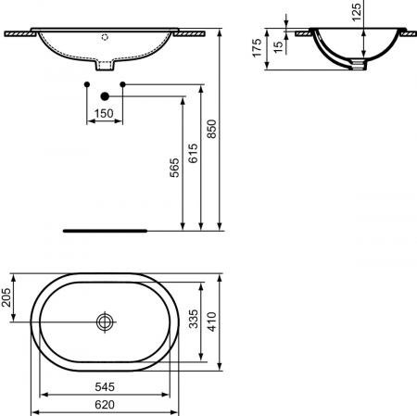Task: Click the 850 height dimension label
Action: pyautogui.click(x=211, y=129)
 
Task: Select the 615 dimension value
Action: pyautogui.click(x=193, y=153)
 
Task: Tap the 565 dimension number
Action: pyautogui.click(x=174, y=168)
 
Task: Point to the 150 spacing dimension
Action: pyautogui.click(x=104, y=113)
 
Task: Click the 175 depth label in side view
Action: pyautogui.click(x=257, y=48)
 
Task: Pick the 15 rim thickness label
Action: pyautogui.click(x=278, y=47)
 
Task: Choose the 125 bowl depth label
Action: pyautogui.click(x=356, y=12)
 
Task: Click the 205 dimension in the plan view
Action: pyautogui.click(x=6, y=297)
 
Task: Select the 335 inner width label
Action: pyautogui.click(x=194, y=319)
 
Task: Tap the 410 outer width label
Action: pyautogui.click(x=212, y=321)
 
